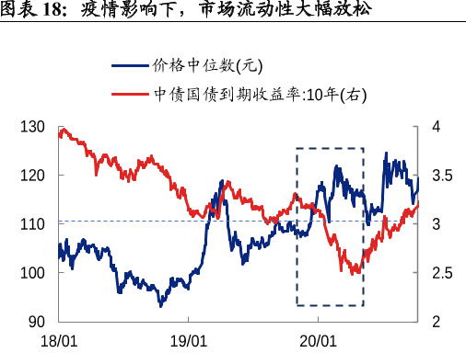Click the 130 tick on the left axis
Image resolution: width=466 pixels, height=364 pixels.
tap(37, 127)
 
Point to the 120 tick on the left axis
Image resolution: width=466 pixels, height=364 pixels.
tap(37, 176)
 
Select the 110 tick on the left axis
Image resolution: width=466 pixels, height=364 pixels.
tap(37, 224)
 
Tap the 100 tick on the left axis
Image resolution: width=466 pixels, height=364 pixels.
tap(37, 273)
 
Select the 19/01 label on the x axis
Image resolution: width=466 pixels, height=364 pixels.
tap(188, 341)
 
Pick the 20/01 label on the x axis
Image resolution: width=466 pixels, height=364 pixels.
tap(317, 341)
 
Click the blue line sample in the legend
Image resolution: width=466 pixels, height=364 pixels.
tap(128, 67)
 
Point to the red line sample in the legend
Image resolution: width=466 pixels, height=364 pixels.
tap(128, 94)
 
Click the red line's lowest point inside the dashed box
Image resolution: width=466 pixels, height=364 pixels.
tap(355, 273)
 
